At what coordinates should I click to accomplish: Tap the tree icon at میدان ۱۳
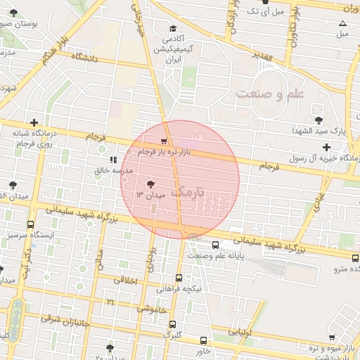point(148,184)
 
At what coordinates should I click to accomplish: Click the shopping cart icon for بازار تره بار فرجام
point(164,141)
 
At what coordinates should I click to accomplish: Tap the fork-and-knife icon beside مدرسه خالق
point(113,160)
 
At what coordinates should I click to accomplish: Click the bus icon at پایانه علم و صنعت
point(214,245)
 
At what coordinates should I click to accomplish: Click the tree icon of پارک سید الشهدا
point(320,120)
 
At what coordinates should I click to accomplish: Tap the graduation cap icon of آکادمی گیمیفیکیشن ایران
point(173,29)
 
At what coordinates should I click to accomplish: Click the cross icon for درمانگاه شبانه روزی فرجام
point(33,122)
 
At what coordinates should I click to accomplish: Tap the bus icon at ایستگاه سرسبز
point(30,225)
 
